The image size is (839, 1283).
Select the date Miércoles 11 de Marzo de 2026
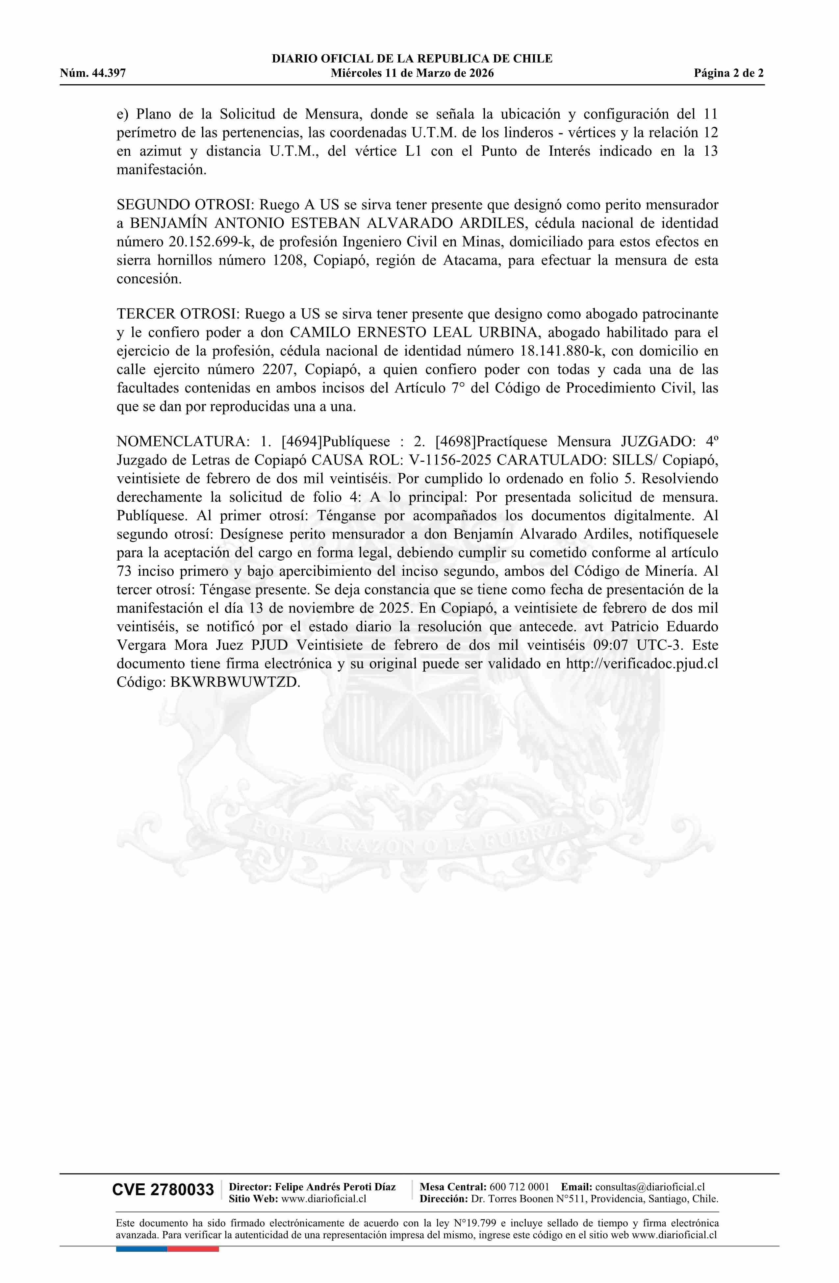412,74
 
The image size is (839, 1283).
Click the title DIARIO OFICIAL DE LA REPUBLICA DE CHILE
412,59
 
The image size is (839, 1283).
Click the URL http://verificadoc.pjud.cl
642,664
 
